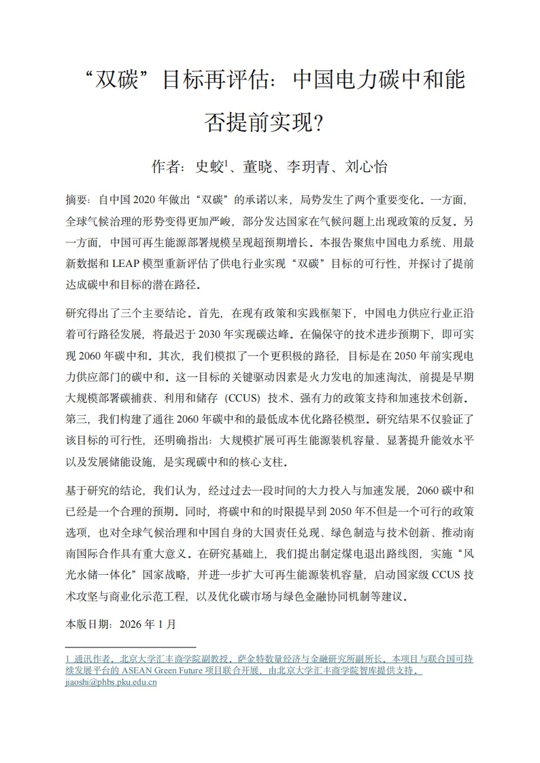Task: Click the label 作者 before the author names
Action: pos(165,166)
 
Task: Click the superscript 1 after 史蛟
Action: pos(226,162)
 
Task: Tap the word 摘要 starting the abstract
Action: pos(76,201)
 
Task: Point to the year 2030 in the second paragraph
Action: pos(213,335)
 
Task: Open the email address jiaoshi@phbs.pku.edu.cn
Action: pos(111,682)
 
